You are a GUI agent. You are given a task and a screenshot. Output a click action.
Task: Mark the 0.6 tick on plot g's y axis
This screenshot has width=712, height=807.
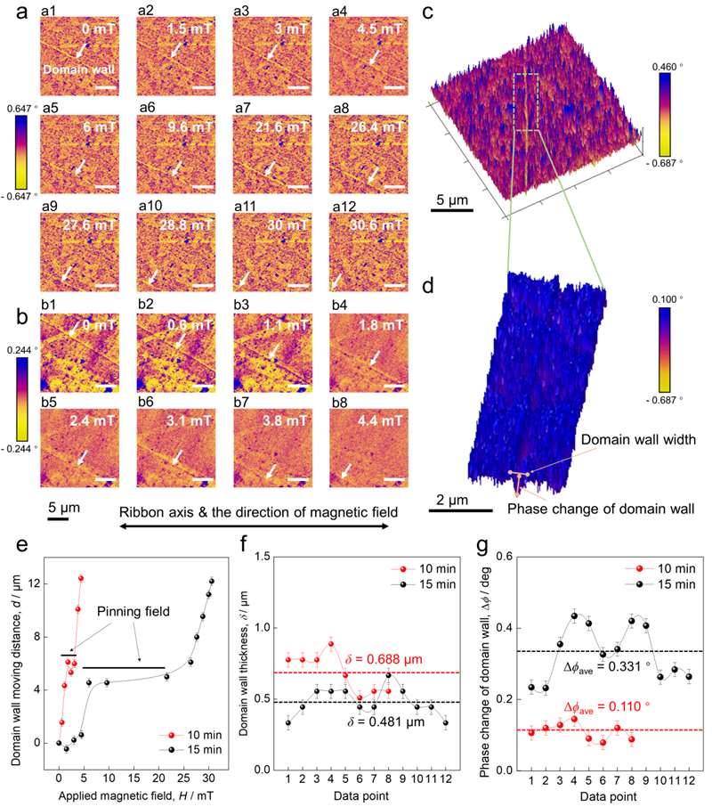pyautogui.click(x=512, y=557)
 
